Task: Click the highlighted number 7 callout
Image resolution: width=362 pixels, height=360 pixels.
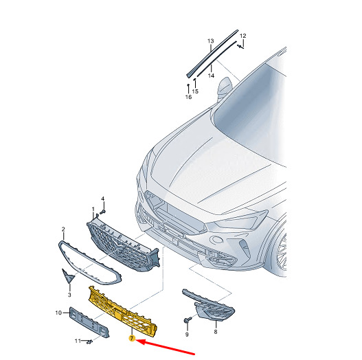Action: tap(132, 339)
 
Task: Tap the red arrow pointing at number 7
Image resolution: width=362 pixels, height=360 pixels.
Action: tap(166, 346)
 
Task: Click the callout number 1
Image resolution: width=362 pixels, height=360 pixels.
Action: tap(93, 210)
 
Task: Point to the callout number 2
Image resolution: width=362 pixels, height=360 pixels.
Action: tap(63, 229)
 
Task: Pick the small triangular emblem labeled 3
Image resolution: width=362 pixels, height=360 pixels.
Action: tap(68, 275)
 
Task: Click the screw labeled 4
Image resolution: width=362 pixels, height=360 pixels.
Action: tap(102, 212)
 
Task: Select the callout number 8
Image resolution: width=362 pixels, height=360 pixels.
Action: tap(216, 332)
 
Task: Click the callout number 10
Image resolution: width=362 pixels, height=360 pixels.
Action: tap(58, 313)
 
